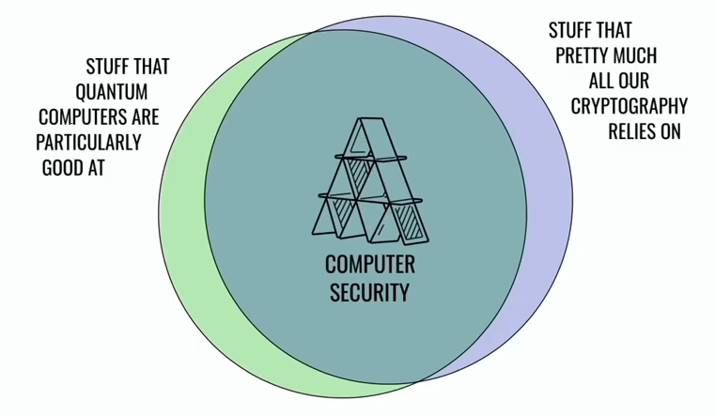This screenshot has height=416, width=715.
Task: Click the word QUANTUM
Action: (111, 92)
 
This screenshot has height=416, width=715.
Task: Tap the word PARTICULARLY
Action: (88, 143)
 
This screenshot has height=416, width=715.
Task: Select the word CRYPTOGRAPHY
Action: (629, 106)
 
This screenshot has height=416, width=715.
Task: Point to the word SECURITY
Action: (369, 293)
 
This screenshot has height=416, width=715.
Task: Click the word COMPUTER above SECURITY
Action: (370, 265)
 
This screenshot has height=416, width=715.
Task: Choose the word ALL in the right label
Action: (599, 81)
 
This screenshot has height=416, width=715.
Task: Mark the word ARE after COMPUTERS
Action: (146, 117)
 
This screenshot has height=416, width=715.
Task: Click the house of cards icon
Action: (370, 181)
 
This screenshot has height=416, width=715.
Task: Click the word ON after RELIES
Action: (667, 131)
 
